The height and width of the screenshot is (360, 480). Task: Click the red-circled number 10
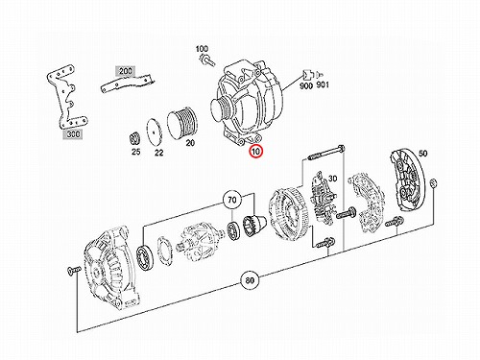pos(256,151)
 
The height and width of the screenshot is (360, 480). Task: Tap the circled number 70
pos(232,201)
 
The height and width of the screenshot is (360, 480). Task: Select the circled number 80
pos(250,280)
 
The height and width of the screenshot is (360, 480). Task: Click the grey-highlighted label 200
pos(125,71)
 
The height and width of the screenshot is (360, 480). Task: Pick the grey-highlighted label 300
pos(73,134)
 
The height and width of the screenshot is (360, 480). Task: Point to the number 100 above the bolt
pos(202,49)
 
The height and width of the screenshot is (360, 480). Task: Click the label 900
pos(306,85)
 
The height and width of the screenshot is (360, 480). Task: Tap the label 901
pos(323,85)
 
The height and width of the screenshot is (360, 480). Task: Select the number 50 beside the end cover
pos(422,154)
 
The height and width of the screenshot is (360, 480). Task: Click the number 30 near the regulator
pos(332,179)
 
